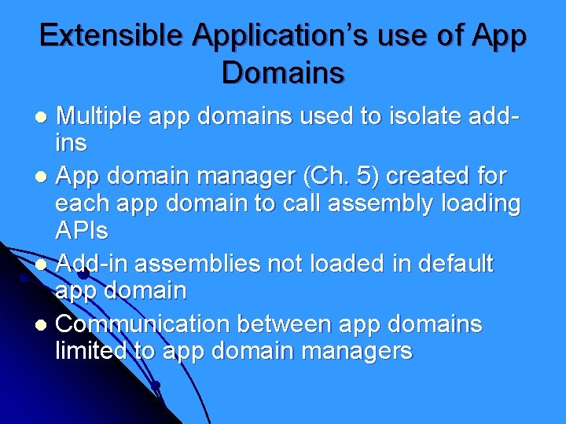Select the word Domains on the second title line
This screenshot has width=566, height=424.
pos(283,73)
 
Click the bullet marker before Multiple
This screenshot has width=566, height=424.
pos(44,118)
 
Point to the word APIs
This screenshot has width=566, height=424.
pos(82,232)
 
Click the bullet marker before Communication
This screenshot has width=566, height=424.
pos(44,325)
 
